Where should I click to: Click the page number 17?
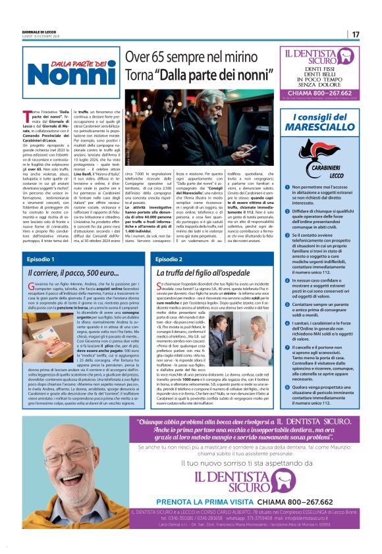pos(356,34)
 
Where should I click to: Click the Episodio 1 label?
pos(41,259)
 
